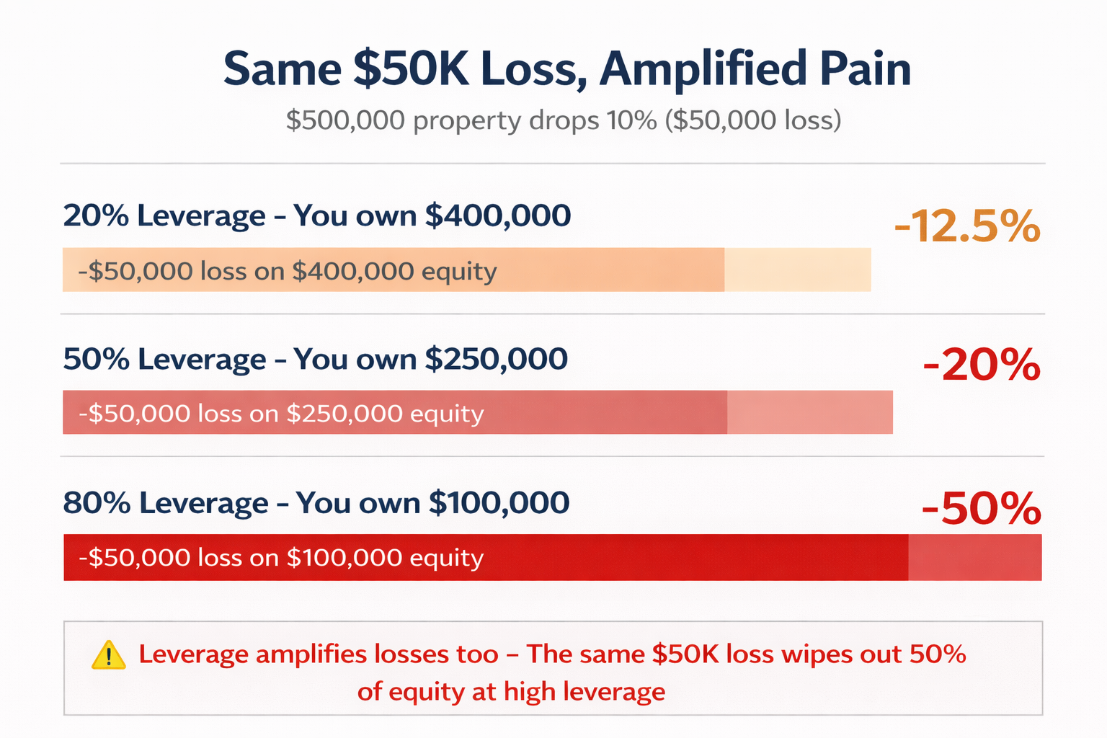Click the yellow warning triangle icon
(x=109, y=655)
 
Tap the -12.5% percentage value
(x=967, y=227)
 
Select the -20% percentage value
(x=982, y=365)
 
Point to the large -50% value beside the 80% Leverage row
(x=981, y=509)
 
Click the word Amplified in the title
(x=703, y=69)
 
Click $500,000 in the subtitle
(x=345, y=120)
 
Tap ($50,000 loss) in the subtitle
(x=752, y=120)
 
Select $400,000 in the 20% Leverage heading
(x=498, y=215)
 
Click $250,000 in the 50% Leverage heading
(x=496, y=359)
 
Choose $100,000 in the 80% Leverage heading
(x=499, y=502)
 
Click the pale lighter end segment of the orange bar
(x=797, y=270)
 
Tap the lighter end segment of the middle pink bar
(x=809, y=412)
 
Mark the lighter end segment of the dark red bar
(x=974, y=557)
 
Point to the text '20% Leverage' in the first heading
(x=164, y=215)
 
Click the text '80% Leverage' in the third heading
(x=166, y=502)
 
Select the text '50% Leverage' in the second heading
(x=164, y=359)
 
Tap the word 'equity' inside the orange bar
(x=459, y=272)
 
